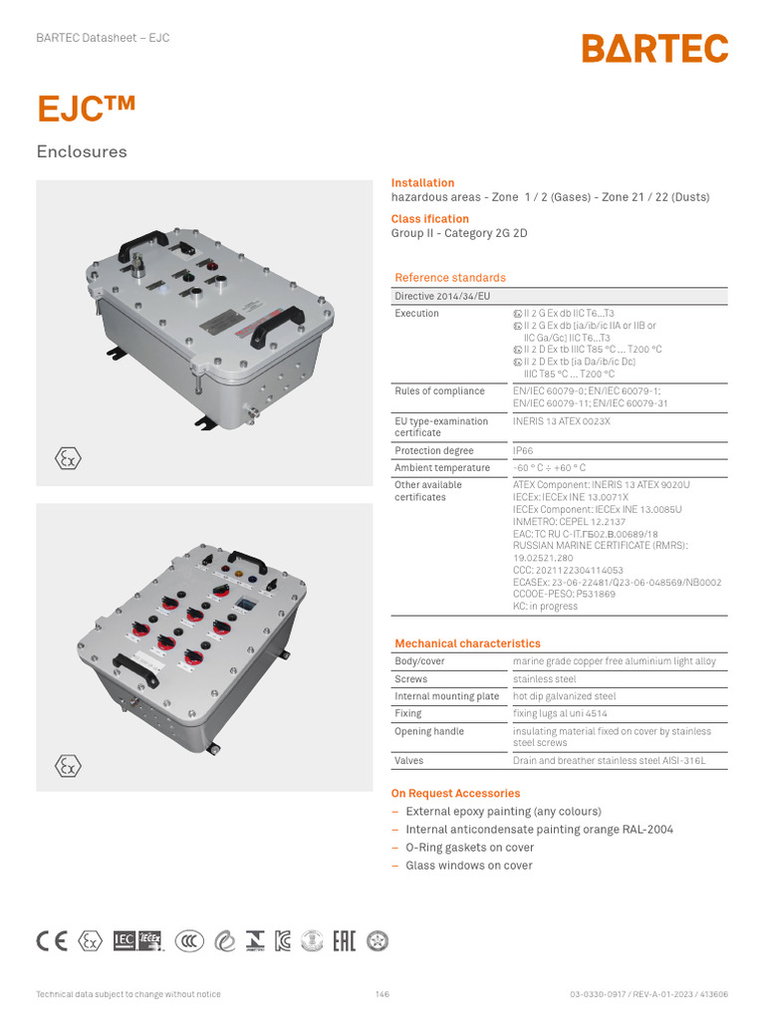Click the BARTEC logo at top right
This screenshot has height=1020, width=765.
click(x=654, y=49)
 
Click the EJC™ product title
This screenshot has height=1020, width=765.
click(x=86, y=110)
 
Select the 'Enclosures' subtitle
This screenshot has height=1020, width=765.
click(x=82, y=152)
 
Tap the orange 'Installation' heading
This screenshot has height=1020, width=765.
click(x=422, y=183)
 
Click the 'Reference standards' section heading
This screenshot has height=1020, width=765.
click(x=450, y=278)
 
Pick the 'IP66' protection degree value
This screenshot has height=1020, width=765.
click(x=524, y=451)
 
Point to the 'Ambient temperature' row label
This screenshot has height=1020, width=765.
click(x=442, y=468)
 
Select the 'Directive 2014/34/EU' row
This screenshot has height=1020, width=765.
click(x=442, y=297)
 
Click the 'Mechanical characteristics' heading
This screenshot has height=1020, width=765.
click(x=467, y=643)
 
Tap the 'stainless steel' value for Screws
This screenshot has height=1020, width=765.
click(x=544, y=679)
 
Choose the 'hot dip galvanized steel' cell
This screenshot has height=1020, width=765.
click(x=564, y=696)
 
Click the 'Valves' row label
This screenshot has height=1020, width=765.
click(x=408, y=761)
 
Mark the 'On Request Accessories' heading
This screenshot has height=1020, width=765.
click(x=455, y=794)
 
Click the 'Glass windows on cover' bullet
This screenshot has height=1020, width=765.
click(x=468, y=866)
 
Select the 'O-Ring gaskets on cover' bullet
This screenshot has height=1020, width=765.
click(x=469, y=848)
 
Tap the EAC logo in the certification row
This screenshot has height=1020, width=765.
click(x=342, y=940)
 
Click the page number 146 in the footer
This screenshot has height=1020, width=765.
click(x=382, y=994)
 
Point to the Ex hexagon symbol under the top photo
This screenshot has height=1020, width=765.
click(x=67, y=458)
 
